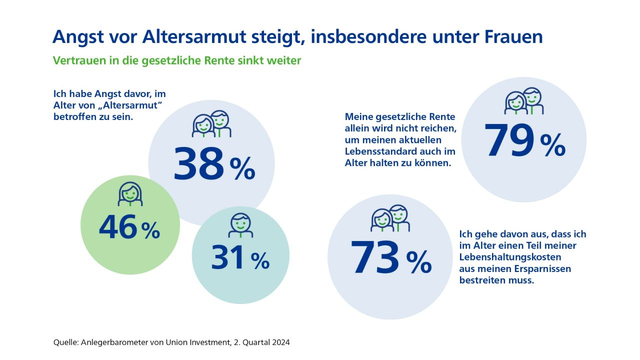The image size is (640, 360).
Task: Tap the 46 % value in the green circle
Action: tap(129, 228)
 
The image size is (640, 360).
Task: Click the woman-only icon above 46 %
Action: tap(130, 194)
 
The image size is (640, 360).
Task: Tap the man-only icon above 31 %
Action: tap(240, 225)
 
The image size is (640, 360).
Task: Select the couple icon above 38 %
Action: tap(211, 124)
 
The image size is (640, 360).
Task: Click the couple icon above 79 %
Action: tap(523, 101)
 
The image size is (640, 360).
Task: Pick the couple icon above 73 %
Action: tap(390, 218)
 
